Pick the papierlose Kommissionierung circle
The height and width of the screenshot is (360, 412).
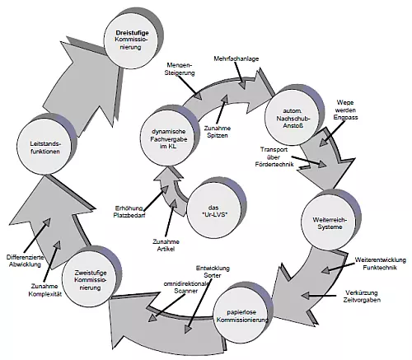click(x=241, y=316)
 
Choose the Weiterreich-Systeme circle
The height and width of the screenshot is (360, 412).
click(x=330, y=223)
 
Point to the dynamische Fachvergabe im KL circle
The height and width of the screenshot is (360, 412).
click(x=168, y=138)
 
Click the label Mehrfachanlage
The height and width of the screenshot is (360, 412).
click(x=236, y=58)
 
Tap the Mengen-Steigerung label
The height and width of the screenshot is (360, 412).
click(x=180, y=69)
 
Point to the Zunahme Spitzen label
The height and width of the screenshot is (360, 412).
click(x=218, y=132)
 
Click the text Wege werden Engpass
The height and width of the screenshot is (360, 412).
click(x=345, y=110)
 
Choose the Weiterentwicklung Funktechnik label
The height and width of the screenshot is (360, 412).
click(x=380, y=264)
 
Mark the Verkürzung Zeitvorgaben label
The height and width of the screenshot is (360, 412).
click(x=362, y=296)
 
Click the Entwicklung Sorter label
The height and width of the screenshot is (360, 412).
click(x=213, y=272)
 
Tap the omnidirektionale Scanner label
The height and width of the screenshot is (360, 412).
click(x=186, y=288)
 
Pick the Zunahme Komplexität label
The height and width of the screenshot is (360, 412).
click(x=44, y=290)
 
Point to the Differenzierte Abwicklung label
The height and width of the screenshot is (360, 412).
click(x=25, y=261)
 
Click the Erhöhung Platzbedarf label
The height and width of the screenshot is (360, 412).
click(x=129, y=212)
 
